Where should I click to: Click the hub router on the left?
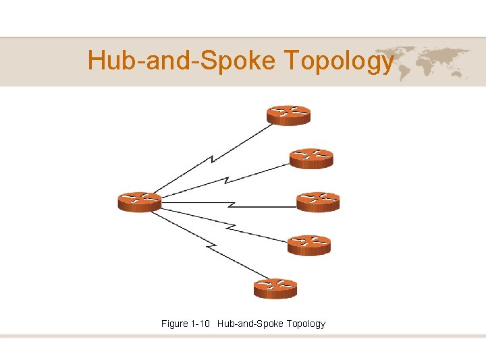pyautogui.click(x=140, y=202)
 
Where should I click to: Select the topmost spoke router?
pyautogui.click(x=288, y=115)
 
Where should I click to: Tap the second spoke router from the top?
pyautogui.click(x=311, y=158)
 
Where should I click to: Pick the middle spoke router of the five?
pyautogui.click(x=318, y=202)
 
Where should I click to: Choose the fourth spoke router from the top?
pyautogui.click(x=309, y=245)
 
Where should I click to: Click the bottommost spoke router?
pyautogui.click(x=275, y=289)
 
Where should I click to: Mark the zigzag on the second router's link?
pyautogui.click(x=227, y=180)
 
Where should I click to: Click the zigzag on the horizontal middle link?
pyautogui.click(x=232, y=202)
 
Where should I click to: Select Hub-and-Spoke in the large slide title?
pyautogui.click(x=182, y=61)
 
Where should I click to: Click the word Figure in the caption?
pyautogui.click(x=175, y=324)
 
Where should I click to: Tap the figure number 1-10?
pyautogui.click(x=201, y=324)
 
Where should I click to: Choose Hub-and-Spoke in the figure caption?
pyautogui.click(x=250, y=324)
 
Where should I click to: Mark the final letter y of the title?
pyautogui.click(x=387, y=64)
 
